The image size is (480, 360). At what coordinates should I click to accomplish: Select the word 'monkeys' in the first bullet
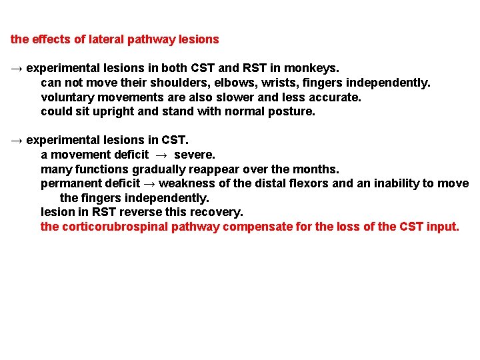click(x=315, y=68)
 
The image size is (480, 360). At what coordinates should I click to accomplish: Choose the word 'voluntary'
click(x=65, y=97)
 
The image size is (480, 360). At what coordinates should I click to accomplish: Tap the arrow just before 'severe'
click(x=161, y=155)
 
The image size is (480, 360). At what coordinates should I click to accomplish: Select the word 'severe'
click(x=195, y=155)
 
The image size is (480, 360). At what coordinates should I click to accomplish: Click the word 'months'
click(x=316, y=169)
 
